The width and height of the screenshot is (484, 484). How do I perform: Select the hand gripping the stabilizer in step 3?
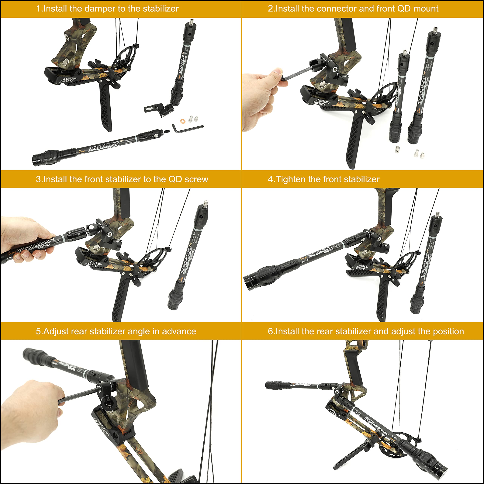[22, 238]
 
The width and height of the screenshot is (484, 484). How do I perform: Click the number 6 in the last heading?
[270, 331]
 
